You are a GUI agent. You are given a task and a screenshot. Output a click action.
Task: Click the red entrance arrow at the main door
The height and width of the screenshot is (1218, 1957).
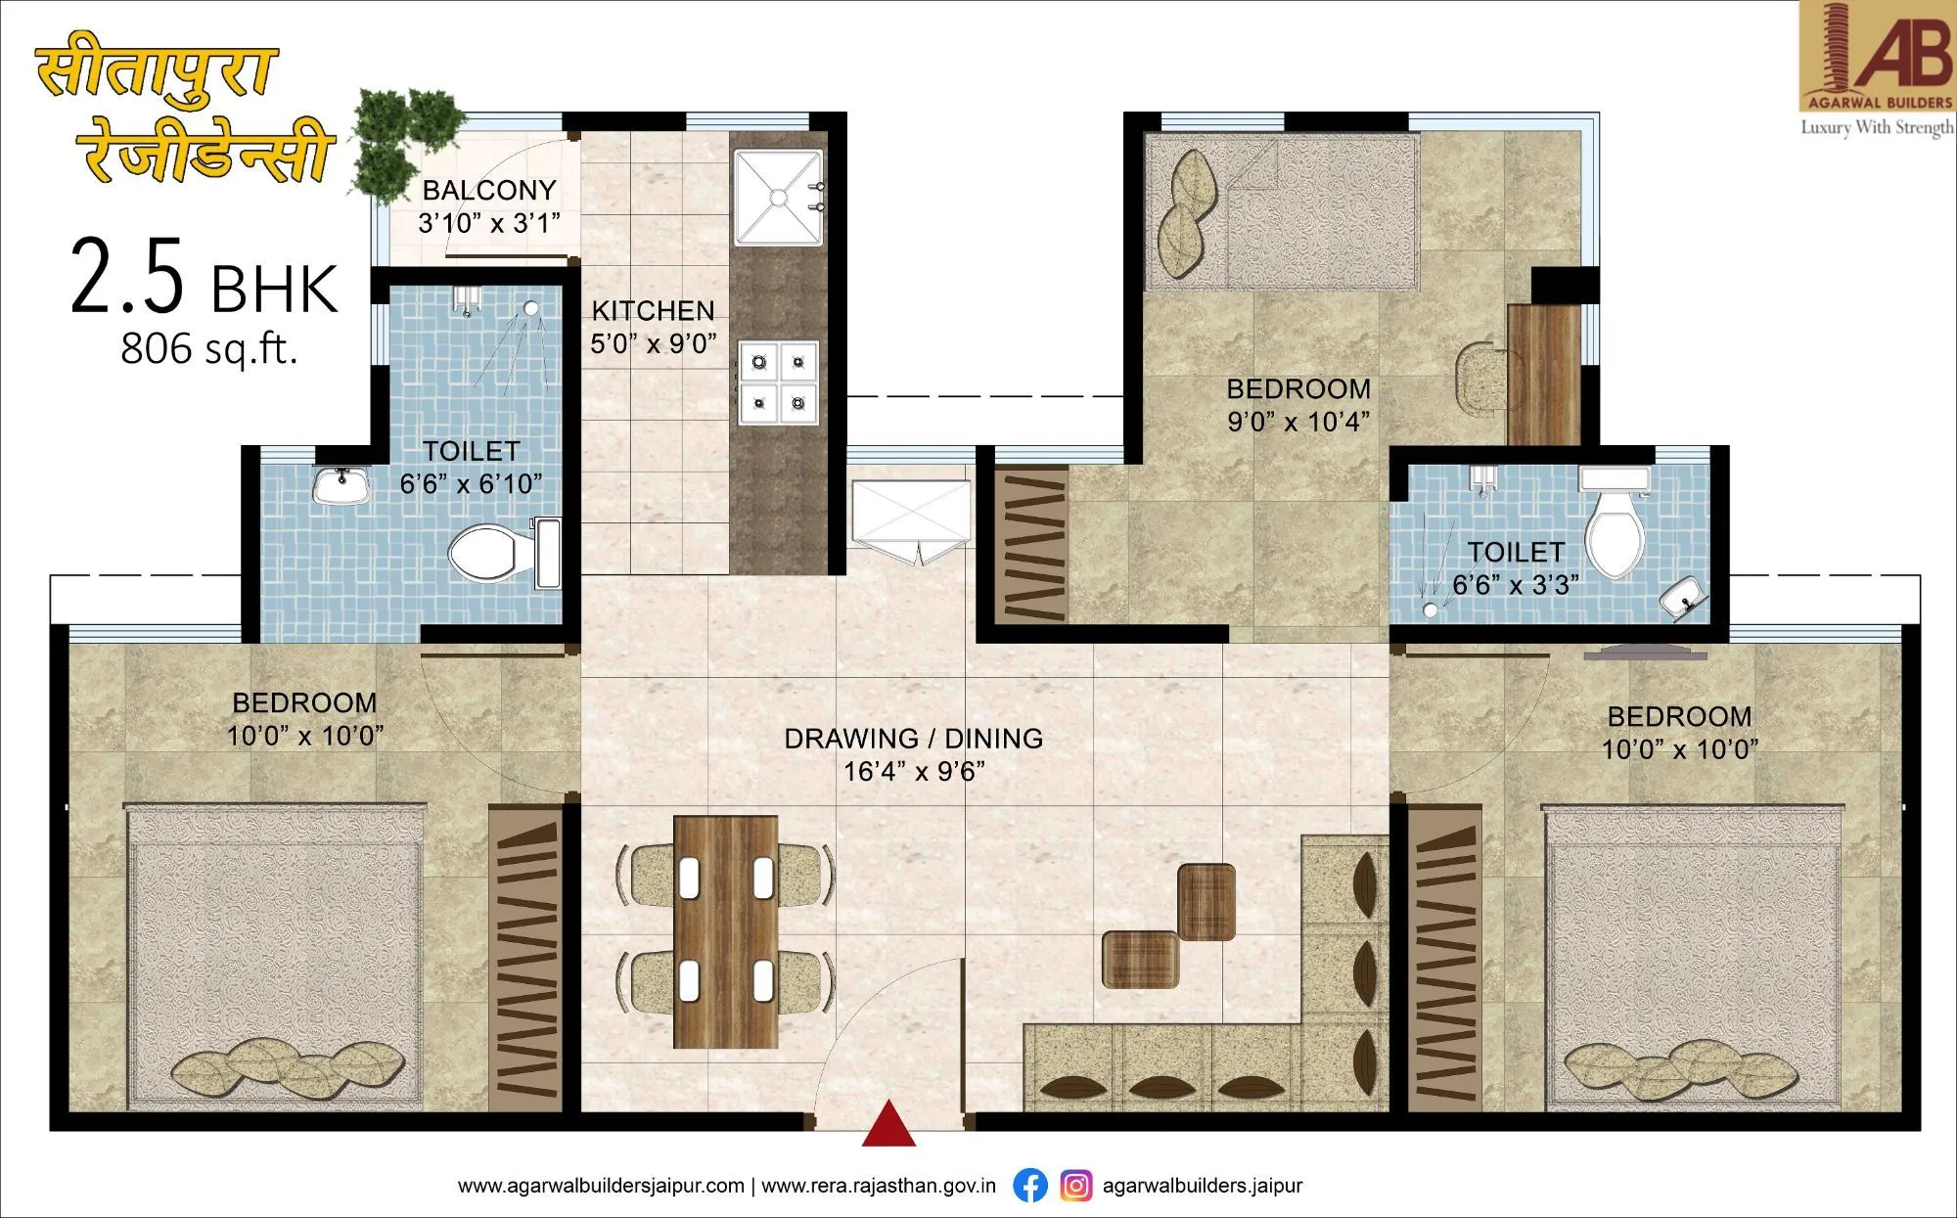888,1125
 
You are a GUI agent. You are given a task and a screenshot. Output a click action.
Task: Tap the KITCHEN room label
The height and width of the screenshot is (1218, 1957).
653,311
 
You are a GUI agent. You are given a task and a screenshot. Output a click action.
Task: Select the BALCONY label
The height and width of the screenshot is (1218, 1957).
489,190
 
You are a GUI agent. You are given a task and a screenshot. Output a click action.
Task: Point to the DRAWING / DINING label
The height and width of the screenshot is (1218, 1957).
913,739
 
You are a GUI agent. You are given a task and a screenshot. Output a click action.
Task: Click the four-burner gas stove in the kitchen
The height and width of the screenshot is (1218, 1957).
778,382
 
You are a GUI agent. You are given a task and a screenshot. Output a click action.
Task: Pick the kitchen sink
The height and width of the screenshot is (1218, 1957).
778,197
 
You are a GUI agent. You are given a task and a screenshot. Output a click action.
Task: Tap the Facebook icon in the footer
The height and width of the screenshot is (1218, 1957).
1029,1186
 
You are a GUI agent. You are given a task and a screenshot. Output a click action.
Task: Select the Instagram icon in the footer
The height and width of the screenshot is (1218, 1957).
1076,1186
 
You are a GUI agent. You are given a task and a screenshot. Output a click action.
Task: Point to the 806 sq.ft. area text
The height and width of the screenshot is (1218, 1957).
208,349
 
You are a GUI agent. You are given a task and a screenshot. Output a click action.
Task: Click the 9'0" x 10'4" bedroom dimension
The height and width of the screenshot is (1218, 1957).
1298,422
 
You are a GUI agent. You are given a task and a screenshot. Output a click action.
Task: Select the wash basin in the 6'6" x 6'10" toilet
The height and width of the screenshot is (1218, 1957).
341,484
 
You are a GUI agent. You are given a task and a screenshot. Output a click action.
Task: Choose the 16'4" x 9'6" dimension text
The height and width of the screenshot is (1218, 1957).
913,772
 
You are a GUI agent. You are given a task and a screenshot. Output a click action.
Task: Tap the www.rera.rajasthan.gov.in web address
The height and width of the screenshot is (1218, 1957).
878,1186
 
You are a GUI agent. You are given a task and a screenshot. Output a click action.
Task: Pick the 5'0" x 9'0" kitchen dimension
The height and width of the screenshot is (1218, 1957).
653,344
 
